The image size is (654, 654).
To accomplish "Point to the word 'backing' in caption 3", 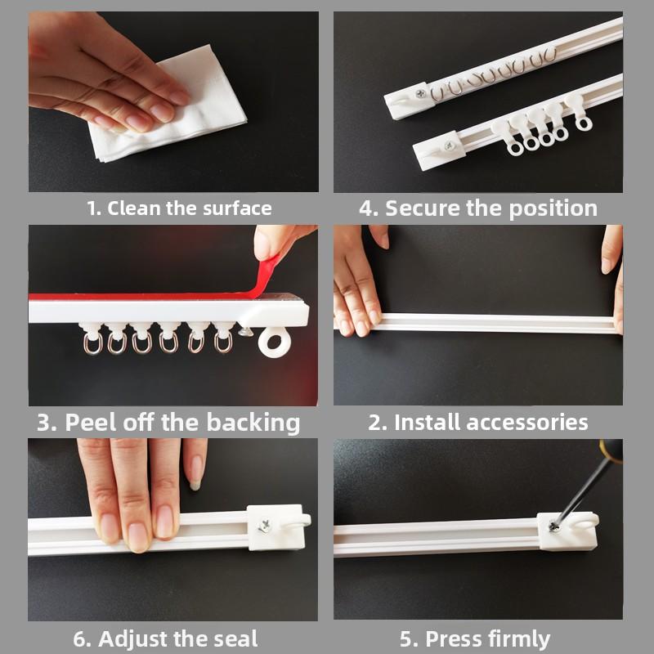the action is pos(253,423).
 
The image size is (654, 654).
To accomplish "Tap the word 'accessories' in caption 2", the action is pos(526,422).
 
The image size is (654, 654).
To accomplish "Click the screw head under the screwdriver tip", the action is pos(553,526).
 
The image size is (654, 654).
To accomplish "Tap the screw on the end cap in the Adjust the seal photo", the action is pos(264,526).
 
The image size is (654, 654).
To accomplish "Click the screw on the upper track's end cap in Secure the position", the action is pos(420,94).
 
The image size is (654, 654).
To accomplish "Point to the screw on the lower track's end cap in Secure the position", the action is pos(449,146).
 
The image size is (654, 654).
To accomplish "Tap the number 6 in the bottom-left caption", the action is pos(78,639).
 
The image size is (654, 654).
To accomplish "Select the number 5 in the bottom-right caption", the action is pos(406,639).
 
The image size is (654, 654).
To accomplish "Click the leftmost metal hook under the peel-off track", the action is pos(92,343).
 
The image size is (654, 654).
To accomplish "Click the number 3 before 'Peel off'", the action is pos(43,422).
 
